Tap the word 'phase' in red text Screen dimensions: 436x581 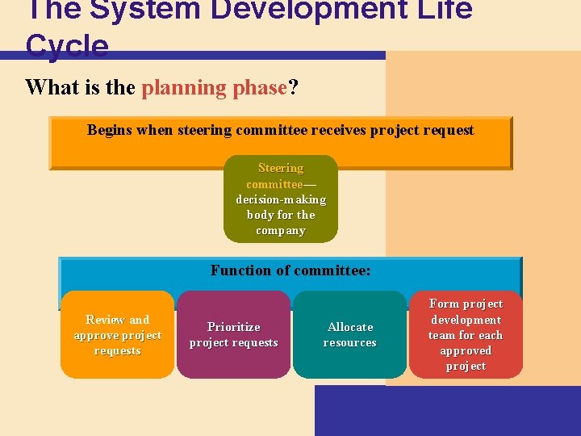(x=258, y=87)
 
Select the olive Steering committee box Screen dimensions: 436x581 (x=280, y=199)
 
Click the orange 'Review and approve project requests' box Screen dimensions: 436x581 (x=117, y=335)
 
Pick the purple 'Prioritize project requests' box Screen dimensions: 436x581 (x=233, y=335)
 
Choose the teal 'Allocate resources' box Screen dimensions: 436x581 (x=349, y=335)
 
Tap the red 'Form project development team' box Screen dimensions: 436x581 (x=466, y=335)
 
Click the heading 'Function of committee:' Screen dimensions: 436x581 (x=290, y=270)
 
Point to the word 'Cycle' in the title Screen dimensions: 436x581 (x=67, y=46)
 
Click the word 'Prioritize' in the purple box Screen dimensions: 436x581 (x=233, y=327)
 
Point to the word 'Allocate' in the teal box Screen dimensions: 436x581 (x=350, y=327)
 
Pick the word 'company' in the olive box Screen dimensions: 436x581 (x=280, y=230)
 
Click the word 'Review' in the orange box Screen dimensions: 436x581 (x=106, y=320)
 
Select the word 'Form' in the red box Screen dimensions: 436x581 (x=444, y=304)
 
